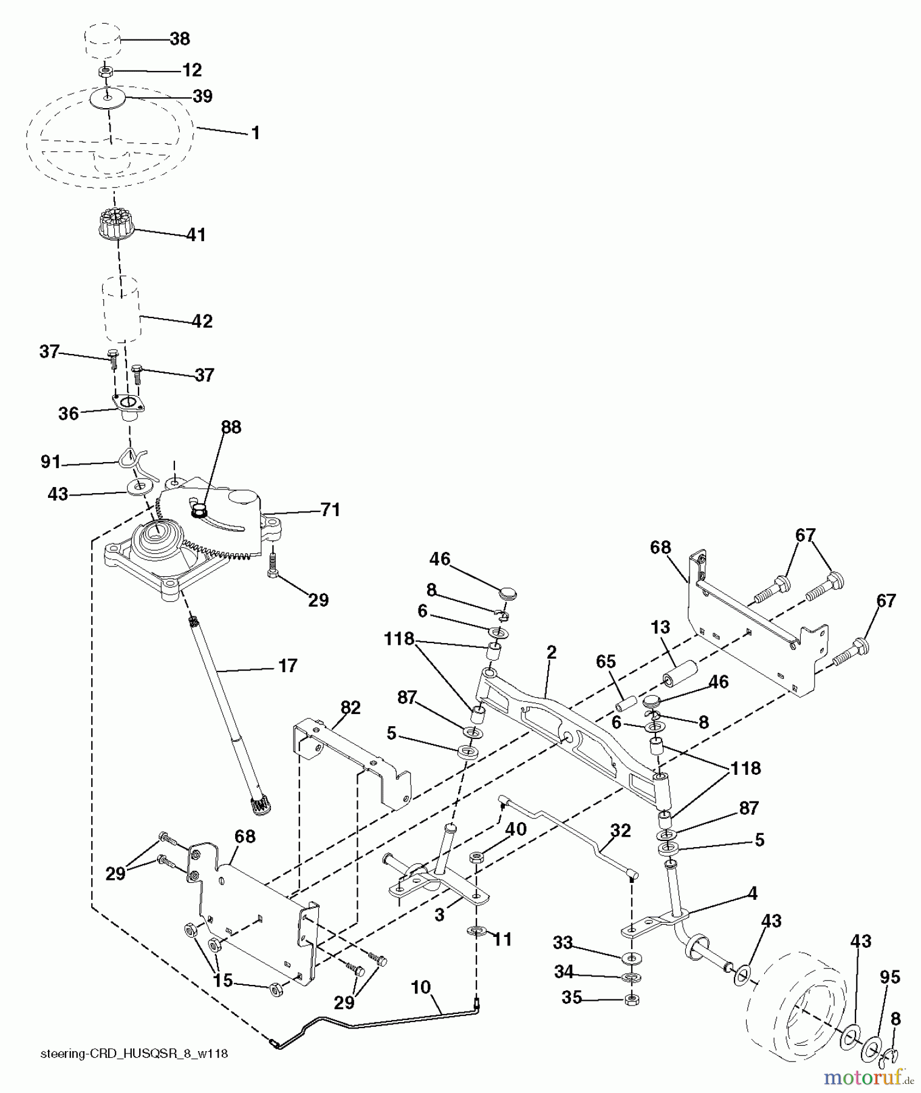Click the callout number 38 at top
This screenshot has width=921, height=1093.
[179, 39]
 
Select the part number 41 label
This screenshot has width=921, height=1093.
[196, 234]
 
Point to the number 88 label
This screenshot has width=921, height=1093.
[231, 427]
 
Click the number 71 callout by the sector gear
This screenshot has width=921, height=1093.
[330, 509]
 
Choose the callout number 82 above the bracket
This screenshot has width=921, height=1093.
[351, 707]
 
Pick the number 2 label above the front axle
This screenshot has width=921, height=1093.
[551, 653]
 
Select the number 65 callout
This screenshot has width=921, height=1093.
[606, 662]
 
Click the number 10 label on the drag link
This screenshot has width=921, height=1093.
[420, 987]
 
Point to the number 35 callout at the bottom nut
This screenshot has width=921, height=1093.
[572, 998]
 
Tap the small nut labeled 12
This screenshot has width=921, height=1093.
[105, 72]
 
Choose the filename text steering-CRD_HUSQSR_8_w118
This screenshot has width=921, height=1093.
[134, 1054]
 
